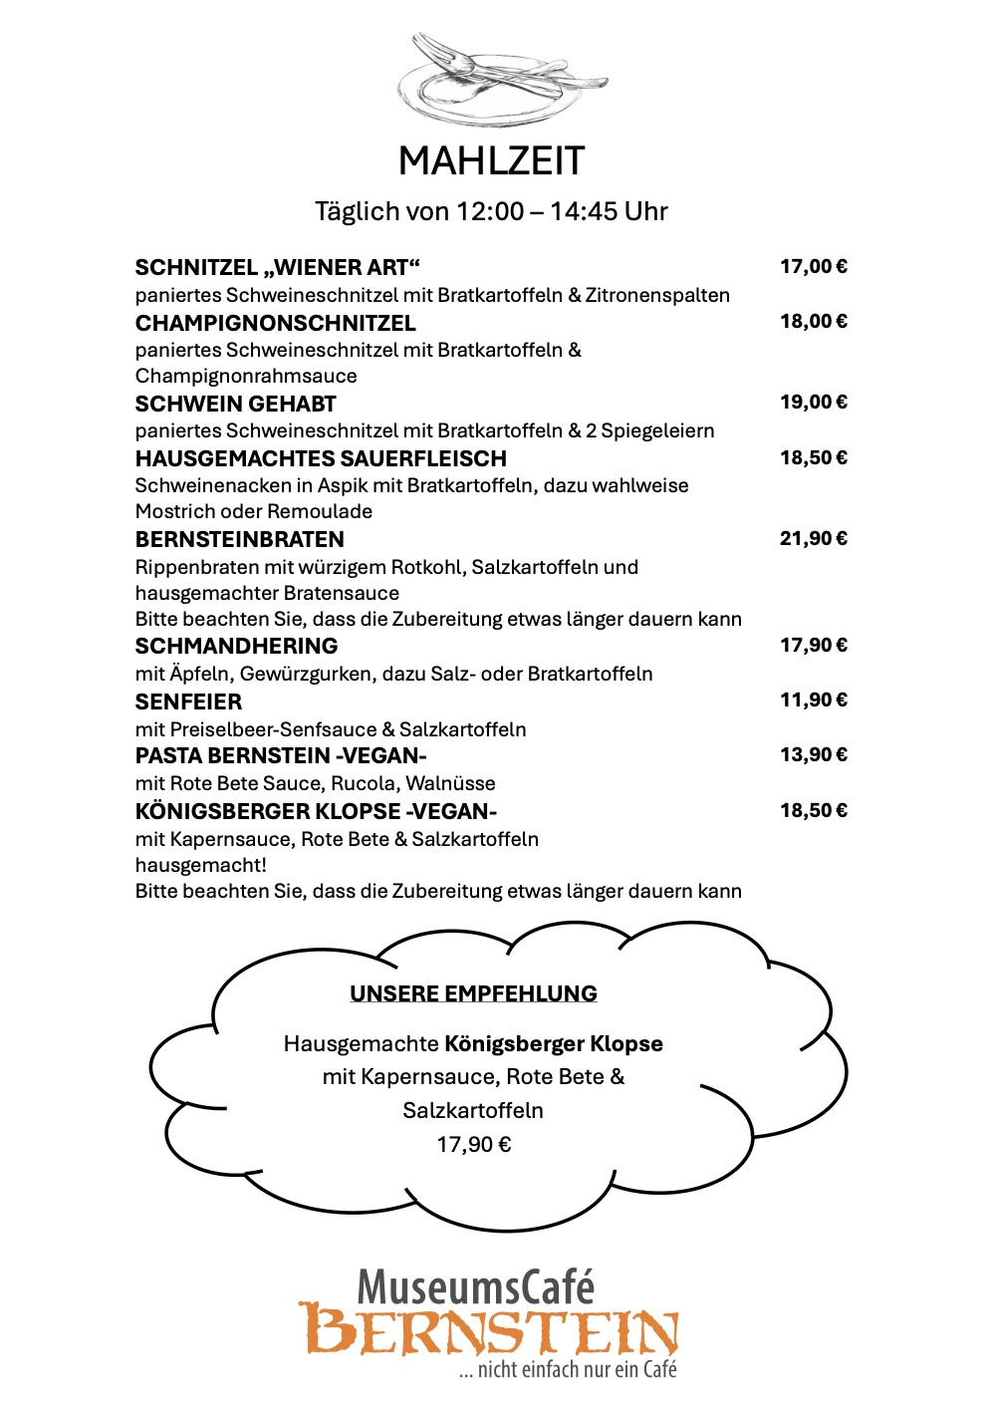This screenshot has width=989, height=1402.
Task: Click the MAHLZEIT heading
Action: click(x=491, y=161)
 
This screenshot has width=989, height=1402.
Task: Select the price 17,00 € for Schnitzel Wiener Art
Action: click(x=813, y=266)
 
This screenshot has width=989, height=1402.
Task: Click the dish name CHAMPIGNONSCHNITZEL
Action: click(x=275, y=323)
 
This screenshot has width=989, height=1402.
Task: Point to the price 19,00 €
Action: click(x=813, y=402)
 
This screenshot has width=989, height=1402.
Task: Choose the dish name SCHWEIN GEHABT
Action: click(x=235, y=404)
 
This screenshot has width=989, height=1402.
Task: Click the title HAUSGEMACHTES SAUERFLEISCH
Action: click(x=321, y=458)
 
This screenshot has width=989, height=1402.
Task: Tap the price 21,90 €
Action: click(x=813, y=538)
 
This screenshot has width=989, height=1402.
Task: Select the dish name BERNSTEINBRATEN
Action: click(x=239, y=539)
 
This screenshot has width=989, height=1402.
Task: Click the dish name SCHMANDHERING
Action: click(x=236, y=646)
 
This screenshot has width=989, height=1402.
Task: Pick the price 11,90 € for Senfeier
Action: click(x=813, y=700)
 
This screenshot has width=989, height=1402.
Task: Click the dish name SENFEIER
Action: click(x=188, y=701)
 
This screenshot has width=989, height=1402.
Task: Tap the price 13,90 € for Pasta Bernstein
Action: click(x=813, y=754)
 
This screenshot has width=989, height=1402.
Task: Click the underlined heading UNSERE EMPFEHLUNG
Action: click(x=473, y=993)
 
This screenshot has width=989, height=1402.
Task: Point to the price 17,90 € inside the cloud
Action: click(x=474, y=1144)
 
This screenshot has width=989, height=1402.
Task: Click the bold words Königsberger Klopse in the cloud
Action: click(x=553, y=1043)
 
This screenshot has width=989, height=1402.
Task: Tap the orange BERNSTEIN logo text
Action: click(x=488, y=1330)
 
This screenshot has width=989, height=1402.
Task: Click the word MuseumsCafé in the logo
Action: click(x=475, y=1286)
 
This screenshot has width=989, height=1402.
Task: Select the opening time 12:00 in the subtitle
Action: click(x=489, y=211)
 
